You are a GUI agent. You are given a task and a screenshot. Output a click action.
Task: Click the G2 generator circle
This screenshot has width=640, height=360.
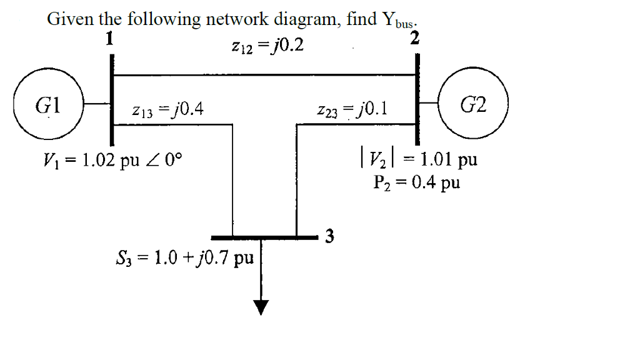pos(474,104)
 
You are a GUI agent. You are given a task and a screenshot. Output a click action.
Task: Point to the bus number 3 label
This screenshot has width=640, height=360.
pos(330,237)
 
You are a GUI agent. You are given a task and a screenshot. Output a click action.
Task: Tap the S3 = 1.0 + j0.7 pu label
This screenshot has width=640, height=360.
pos(184,257)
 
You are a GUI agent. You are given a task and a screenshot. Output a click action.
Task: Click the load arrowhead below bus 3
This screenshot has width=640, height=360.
pos(261,306)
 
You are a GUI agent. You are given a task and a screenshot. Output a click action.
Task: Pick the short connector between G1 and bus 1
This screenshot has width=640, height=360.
pos(97,104)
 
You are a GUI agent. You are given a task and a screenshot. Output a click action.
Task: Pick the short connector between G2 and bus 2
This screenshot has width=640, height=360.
pos(429,104)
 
